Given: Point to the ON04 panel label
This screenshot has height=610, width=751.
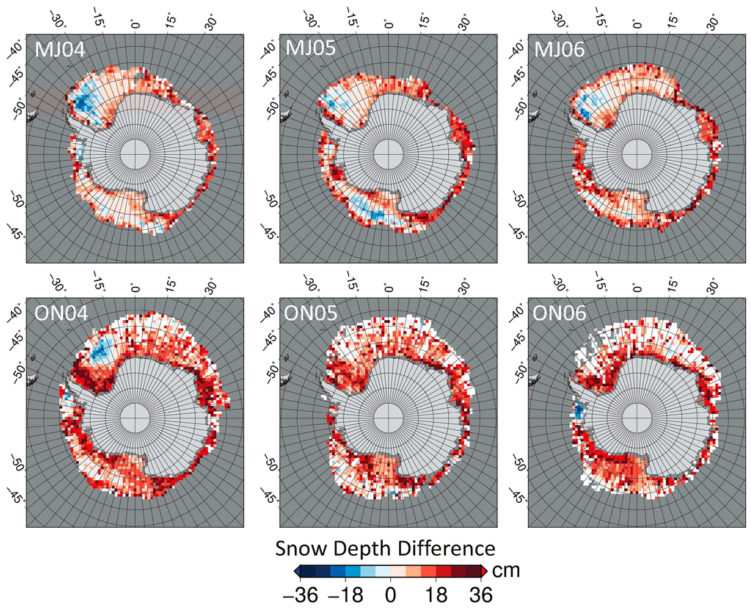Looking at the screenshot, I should click(62, 313).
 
